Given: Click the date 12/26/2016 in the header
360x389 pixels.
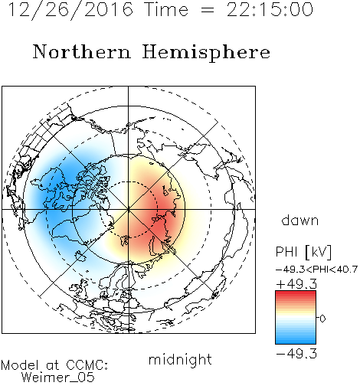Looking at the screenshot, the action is pos(70,9).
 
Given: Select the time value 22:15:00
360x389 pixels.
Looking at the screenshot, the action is pos(270,9).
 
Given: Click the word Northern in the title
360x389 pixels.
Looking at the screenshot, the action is pos(81,52).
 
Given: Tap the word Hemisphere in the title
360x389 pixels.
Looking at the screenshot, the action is pos(206,52).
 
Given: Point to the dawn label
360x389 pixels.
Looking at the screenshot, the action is pos(300,220).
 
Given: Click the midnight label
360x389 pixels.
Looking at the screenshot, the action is pos(180,359).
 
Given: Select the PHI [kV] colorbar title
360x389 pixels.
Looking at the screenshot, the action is pos(303,252).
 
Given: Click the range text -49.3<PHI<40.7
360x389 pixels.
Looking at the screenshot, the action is pos(316,270).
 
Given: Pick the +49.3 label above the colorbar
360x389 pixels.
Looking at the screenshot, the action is pos(296,284).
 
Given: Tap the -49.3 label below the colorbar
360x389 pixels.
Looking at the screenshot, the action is pos(296,354).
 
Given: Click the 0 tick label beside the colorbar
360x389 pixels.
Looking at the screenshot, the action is pos(322,319).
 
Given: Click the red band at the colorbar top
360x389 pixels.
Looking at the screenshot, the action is pos(296,295).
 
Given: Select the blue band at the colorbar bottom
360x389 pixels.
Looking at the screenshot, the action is pos(296,340).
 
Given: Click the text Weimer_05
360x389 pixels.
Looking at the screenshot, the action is pos(58,378).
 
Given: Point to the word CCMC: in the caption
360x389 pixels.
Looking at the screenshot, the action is pos(87,365).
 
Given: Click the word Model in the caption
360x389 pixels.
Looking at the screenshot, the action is pos(20,365).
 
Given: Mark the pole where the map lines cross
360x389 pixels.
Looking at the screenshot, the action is pos(129,209).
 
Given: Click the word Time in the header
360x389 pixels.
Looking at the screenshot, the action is pos(166,9).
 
